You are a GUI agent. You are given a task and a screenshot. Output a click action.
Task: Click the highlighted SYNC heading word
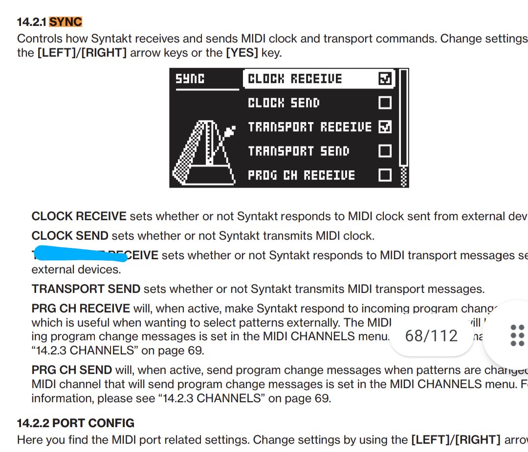click(66, 22)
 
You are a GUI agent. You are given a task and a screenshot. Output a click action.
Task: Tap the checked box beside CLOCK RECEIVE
click(385, 79)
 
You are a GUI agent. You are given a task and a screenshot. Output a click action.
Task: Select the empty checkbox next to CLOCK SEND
click(385, 103)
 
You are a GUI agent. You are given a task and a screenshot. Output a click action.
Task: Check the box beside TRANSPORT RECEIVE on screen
click(385, 127)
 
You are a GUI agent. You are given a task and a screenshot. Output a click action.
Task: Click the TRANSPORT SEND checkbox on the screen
click(385, 151)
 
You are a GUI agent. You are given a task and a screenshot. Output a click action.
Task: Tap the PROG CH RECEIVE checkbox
click(385, 175)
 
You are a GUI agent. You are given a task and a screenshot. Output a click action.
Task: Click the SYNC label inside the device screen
click(190, 79)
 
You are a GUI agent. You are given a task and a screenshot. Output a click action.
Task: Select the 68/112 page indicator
click(431, 335)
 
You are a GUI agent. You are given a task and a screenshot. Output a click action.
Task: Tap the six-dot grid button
click(517, 335)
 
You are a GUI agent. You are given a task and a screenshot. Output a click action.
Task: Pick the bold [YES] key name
click(242, 53)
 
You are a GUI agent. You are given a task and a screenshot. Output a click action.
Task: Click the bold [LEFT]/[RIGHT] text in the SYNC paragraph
click(82, 53)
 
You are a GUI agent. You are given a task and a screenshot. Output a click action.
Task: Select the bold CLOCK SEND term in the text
click(70, 236)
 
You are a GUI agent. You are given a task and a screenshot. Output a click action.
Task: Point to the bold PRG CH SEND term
click(72, 370)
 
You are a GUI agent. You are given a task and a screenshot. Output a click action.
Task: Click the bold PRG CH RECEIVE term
click(81, 308)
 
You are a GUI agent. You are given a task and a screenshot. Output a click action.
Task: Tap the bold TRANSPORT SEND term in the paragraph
click(86, 289)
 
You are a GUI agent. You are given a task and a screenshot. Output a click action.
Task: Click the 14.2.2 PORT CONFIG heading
click(76, 423)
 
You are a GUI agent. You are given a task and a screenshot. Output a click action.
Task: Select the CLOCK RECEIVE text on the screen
click(295, 79)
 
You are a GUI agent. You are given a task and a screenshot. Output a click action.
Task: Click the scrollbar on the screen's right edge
click(403, 127)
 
